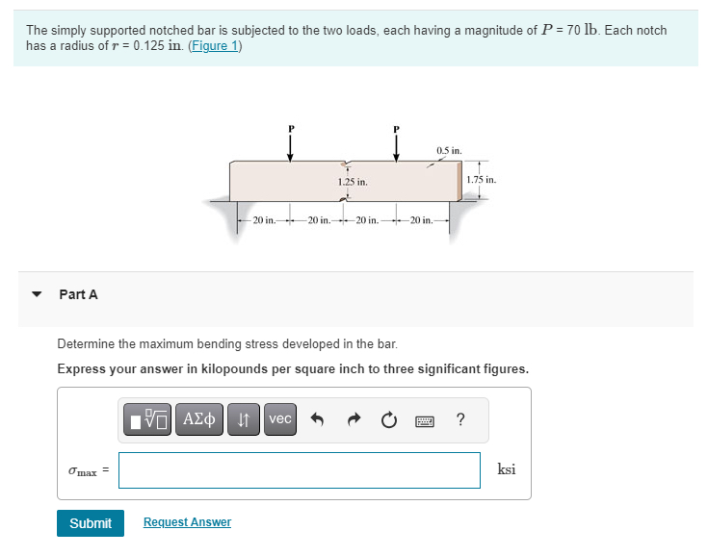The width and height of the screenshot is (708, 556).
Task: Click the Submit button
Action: coord(91,522)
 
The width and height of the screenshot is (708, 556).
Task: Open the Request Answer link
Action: coord(187,522)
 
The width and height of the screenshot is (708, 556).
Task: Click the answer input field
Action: coord(300,469)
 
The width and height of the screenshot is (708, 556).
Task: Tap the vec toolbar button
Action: coord(279,419)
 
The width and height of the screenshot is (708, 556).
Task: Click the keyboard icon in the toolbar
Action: coord(425,419)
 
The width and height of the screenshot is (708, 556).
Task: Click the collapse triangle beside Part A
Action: coord(37,294)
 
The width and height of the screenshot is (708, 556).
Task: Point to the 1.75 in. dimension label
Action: coord(481,180)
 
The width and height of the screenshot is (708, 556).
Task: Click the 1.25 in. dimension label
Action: coord(353,181)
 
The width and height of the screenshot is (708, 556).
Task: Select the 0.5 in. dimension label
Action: coord(449,151)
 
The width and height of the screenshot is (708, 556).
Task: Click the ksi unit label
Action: coord(507,469)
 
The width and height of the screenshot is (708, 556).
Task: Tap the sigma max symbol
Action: coord(83,470)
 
